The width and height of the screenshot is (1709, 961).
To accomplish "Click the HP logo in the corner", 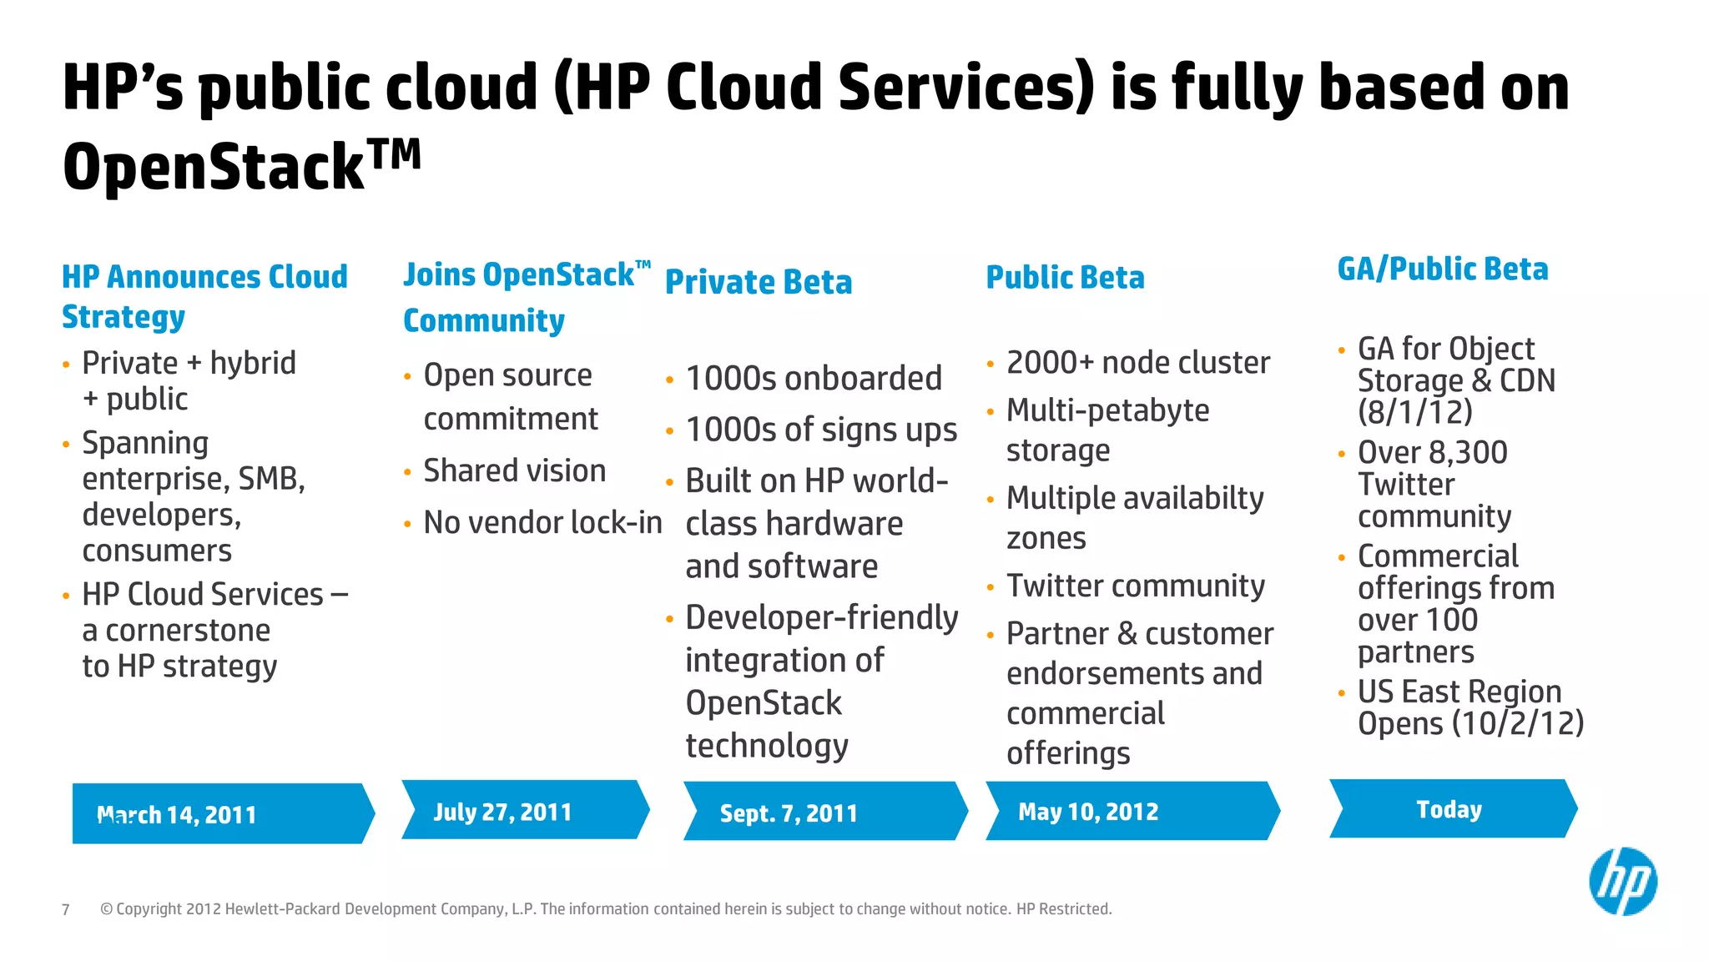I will [1622, 882].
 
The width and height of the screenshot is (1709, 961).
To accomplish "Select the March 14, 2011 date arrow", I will [221, 813].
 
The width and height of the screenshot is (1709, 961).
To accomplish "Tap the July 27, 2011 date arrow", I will [524, 810].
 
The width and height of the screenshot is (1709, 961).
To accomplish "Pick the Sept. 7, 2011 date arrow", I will [824, 812].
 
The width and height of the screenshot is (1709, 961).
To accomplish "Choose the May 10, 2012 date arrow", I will [1131, 811].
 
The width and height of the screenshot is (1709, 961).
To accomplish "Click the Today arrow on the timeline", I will [1451, 809].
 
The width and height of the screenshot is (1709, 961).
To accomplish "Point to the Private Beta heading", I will [759, 282].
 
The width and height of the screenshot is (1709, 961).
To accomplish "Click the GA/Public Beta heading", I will [1442, 269].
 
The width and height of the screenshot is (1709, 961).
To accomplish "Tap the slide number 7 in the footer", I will [66, 909].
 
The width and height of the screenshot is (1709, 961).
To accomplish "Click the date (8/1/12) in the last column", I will [1414, 412].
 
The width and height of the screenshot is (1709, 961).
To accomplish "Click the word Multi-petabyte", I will [1107, 410].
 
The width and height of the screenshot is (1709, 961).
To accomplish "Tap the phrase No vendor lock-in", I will [542, 523].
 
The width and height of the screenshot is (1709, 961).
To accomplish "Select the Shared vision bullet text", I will [514, 471].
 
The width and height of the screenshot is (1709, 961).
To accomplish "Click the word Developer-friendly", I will [821, 618].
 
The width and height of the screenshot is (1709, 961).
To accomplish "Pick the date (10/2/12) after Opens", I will [1517, 723].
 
